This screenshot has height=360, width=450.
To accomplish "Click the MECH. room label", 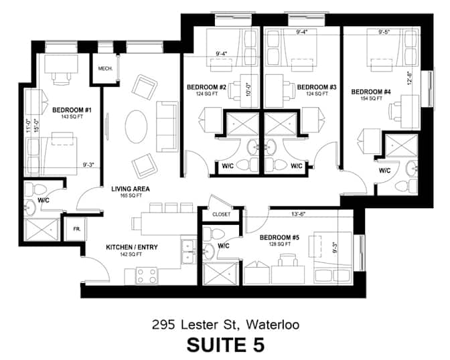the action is point(105,69).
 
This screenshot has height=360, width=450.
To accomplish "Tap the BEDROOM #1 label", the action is point(72,110).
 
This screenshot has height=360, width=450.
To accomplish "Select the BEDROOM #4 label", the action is point(371,92).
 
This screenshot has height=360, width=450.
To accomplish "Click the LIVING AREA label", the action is point(131,189).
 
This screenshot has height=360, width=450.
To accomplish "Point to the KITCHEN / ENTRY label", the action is point(132,247).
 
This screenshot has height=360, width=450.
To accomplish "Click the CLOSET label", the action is point(221,214).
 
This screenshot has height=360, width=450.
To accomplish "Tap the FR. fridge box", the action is point(76,230).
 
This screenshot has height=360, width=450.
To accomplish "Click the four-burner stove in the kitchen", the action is point(147,276).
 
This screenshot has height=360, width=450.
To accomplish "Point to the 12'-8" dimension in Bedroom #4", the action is point(410,78).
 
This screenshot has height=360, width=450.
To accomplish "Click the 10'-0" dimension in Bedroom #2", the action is point(249,89).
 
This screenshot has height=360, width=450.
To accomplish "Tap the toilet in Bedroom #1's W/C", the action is point(36,189).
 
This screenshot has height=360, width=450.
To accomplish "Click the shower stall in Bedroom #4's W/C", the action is point(401,146).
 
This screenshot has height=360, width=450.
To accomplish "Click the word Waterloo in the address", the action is point(273,325).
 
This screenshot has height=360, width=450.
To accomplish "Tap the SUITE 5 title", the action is point(226,345).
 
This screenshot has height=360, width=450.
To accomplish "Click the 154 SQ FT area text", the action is point(372,98).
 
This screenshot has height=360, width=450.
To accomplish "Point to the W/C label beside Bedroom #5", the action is point(223,246).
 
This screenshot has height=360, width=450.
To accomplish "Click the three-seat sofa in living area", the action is point(167,126).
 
